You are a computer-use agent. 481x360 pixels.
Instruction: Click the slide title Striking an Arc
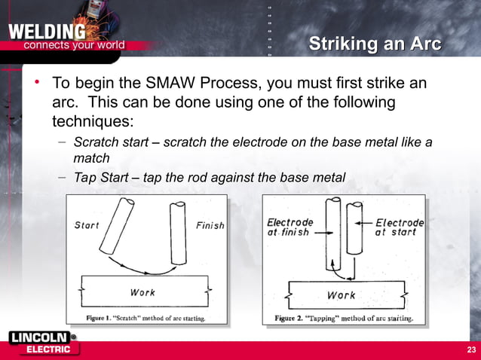click(375, 44)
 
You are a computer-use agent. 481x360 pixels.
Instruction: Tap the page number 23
click(471, 350)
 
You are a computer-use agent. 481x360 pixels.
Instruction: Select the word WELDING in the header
click(46, 32)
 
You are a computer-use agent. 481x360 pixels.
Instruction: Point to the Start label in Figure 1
click(87, 225)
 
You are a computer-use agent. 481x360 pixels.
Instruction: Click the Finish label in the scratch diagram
click(210, 225)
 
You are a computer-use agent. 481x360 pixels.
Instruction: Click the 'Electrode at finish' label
click(290, 227)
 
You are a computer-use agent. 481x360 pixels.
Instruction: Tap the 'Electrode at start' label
click(400, 227)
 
